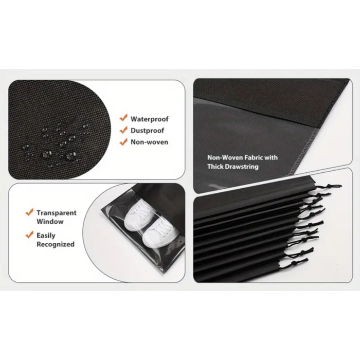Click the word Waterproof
pos(149,119)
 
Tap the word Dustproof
pos(147,131)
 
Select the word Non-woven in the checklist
pos(149,142)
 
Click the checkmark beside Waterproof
pos(123,118)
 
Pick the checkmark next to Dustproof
pos(123,130)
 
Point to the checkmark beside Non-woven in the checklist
pos(123,142)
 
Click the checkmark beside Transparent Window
pos(29,212)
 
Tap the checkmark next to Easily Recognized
pos(29,235)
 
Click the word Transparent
pos(57,212)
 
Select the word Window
pos(50,222)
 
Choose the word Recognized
pos(56,244)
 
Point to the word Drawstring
pos(241,167)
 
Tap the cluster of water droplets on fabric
pos(54,141)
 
